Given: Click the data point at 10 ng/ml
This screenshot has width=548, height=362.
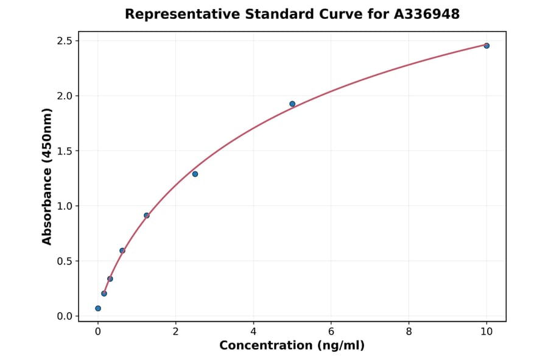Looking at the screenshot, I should coord(487,46).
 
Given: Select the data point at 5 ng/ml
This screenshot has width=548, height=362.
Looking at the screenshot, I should coord(292,104).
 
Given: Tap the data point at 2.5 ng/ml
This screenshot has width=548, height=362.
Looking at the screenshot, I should coord(195,174).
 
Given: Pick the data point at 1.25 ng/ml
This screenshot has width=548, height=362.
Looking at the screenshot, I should coord(147,215).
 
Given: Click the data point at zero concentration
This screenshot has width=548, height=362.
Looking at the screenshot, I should coord(98,308).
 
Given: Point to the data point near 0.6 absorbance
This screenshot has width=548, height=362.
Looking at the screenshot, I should coord(122,250).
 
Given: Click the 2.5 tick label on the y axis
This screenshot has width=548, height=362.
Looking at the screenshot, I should coord(65,41).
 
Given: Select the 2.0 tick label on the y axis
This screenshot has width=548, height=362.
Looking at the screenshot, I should coord(65,96).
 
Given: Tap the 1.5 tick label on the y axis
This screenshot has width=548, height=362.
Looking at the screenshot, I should coord(65,151).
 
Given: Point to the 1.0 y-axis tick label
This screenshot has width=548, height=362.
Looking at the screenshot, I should coord(65,206).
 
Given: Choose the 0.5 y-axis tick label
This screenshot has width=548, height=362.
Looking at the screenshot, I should coord(65,261).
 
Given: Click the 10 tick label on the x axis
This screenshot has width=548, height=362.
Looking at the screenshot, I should coord(487,332).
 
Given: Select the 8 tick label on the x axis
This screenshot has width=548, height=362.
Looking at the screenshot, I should coord(409,332).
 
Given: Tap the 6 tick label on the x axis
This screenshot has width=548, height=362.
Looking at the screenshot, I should coord(331,332).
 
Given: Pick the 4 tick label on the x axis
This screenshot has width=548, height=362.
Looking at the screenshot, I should coord(253,332).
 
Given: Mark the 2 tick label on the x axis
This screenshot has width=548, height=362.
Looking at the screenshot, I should coord(175,332).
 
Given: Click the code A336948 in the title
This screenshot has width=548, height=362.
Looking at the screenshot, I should coord(426,14).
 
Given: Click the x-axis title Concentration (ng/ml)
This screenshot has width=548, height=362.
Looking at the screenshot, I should coord(292,346).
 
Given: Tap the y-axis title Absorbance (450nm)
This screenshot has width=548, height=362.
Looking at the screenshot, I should coord(47,177).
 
